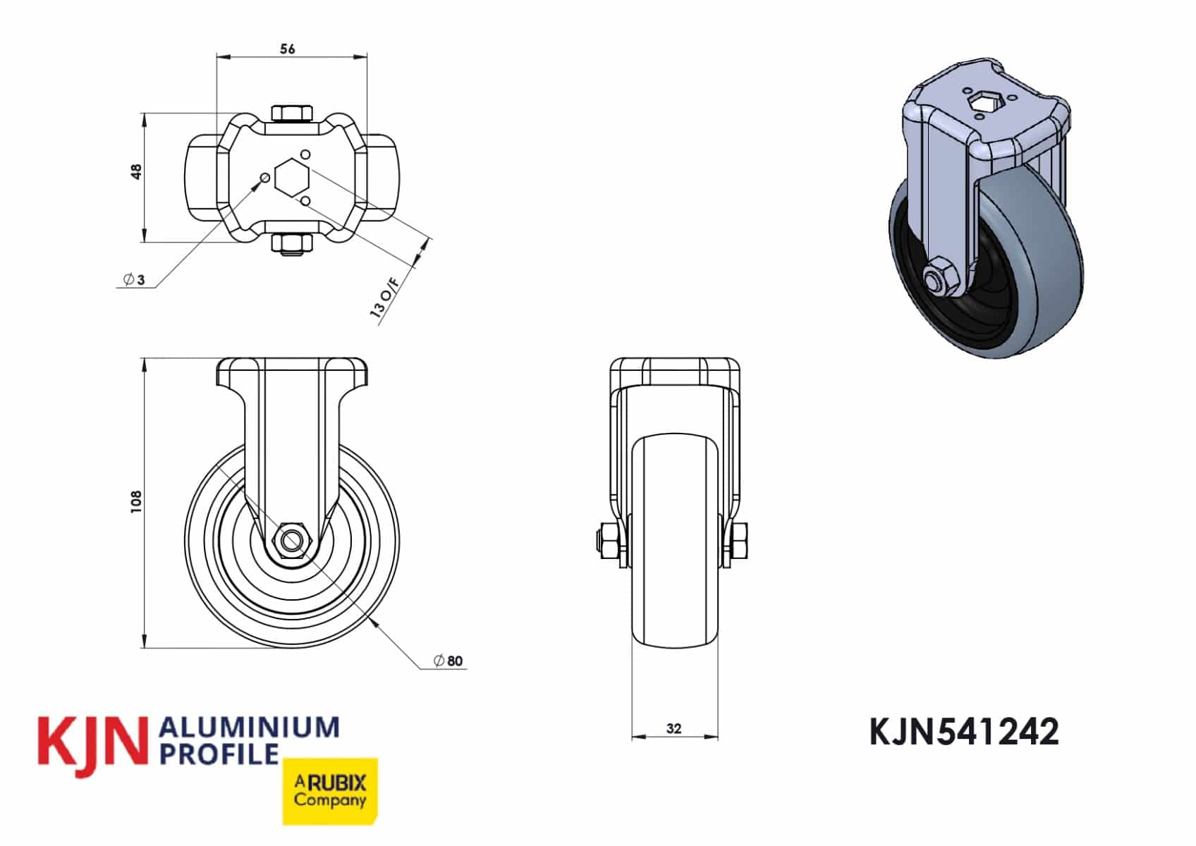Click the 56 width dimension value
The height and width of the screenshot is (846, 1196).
click(287, 49)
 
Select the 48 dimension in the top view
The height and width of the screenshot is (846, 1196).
click(137, 172)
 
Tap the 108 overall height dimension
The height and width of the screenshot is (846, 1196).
click(137, 502)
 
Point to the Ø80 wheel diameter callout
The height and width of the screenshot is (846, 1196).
click(448, 661)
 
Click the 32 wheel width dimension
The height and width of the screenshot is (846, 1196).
click(674, 728)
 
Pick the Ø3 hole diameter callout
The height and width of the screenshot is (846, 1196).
click(134, 279)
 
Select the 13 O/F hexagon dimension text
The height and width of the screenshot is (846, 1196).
click(385, 298)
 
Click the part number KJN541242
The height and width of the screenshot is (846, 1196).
click(964, 732)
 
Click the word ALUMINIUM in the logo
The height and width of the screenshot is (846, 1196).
click(250, 728)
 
